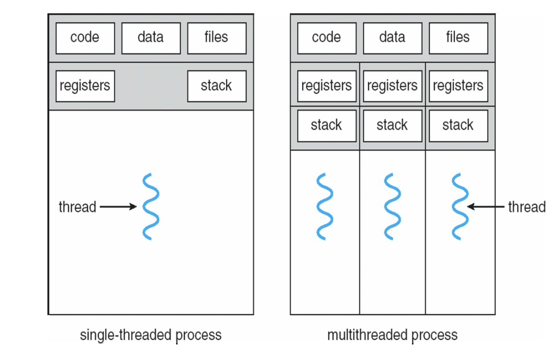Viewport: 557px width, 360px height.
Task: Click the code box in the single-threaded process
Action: (85, 38)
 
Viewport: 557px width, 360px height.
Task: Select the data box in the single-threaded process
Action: (151, 38)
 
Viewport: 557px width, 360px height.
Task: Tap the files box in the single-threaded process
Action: (217, 38)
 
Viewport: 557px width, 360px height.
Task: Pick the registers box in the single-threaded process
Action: (85, 86)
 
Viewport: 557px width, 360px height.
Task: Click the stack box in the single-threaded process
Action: (217, 86)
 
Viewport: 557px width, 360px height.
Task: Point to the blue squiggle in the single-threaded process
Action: (151, 207)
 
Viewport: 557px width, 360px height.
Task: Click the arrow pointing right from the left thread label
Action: (118, 207)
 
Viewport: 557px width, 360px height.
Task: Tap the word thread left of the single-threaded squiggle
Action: (78, 207)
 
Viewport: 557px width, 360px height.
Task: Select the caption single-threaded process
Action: (151, 335)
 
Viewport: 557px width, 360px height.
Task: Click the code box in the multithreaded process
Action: (327, 38)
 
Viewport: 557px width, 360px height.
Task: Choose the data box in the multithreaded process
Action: (393, 38)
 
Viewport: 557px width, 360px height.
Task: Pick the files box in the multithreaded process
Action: (459, 38)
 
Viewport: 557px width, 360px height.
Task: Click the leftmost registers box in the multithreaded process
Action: (327, 86)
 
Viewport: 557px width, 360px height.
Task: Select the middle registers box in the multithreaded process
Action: (393, 86)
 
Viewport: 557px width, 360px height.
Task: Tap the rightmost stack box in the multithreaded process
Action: (459, 126)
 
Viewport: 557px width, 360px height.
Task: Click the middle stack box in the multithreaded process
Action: (393, 126)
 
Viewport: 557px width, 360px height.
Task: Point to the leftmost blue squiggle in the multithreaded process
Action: (324, 207)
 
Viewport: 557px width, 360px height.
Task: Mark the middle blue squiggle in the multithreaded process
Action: (392, 207)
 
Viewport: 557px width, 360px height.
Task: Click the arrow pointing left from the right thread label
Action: (486, 207)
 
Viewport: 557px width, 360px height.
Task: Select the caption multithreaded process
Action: (393, 335)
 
